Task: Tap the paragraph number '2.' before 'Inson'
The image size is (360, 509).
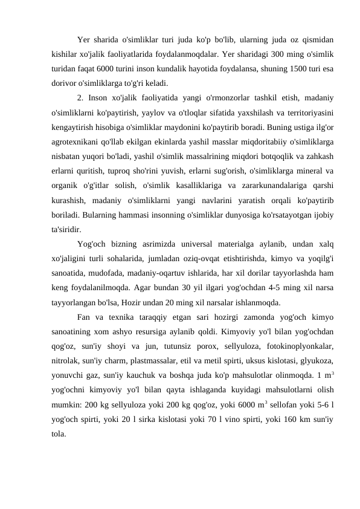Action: [x=82, y=98]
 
